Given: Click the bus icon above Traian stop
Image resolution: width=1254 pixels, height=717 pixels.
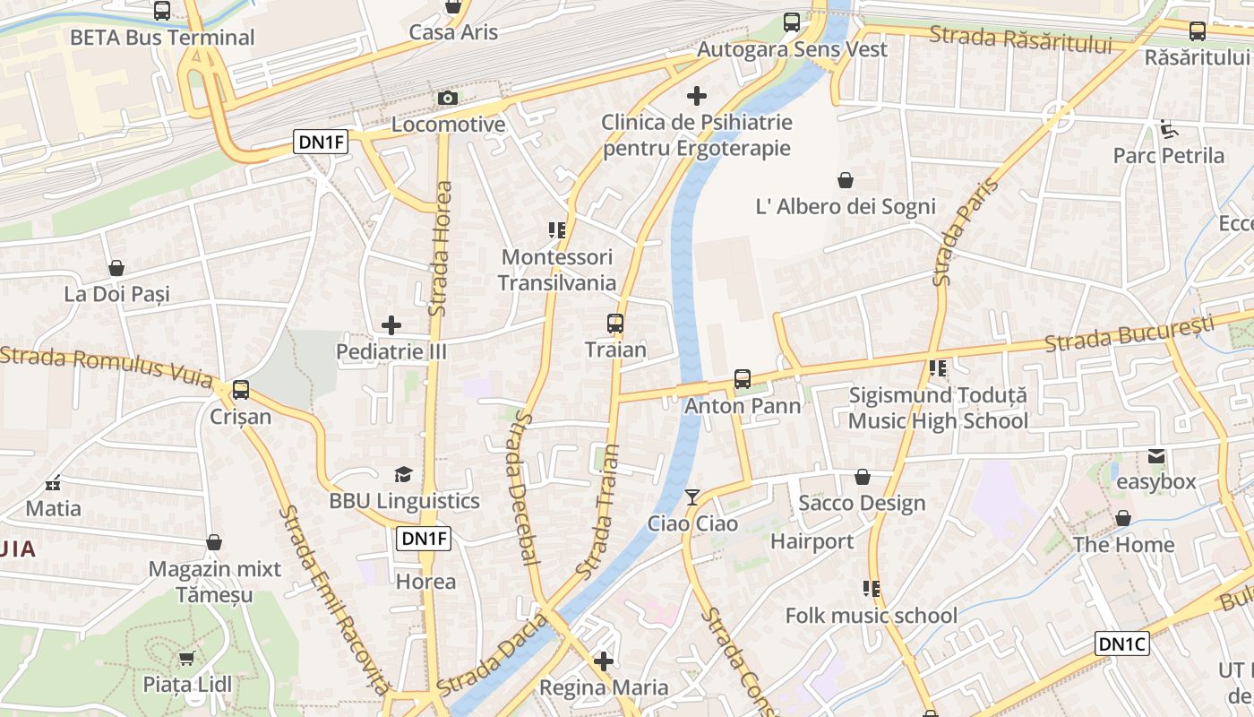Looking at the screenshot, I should coord(614,323).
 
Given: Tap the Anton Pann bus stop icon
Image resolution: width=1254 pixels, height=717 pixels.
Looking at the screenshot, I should coord(743,379).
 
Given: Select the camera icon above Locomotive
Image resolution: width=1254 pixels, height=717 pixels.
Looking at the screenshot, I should coord(448,98).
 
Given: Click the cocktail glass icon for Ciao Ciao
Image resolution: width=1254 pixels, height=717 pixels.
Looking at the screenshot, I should coord(692,497).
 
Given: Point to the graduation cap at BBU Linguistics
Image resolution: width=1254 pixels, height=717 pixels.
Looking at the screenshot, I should coord(404,474).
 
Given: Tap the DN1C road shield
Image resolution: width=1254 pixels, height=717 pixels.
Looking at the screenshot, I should coord(1121,644).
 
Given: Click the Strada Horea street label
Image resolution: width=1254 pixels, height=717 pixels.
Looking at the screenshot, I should coord(440,248).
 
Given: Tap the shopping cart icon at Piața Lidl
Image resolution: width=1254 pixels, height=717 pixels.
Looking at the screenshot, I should coord(187,659).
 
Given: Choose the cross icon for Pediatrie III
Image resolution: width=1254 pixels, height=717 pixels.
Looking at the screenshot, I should coord(391,325).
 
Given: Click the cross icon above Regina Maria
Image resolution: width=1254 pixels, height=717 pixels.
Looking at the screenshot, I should coord(604,661).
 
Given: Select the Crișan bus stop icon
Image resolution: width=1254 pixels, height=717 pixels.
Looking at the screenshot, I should coord(240,390).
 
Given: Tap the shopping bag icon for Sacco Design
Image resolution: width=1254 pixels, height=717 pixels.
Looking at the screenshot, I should coord(863,477).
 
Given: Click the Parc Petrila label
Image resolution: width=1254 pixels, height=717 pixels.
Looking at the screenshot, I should coord(1168,156).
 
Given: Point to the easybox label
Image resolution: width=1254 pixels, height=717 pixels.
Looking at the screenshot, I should coord(1155,482).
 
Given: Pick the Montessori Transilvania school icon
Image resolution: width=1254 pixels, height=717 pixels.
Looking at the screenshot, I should coord(557,231).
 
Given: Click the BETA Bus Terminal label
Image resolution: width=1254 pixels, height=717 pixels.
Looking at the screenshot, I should coord(162,38).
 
